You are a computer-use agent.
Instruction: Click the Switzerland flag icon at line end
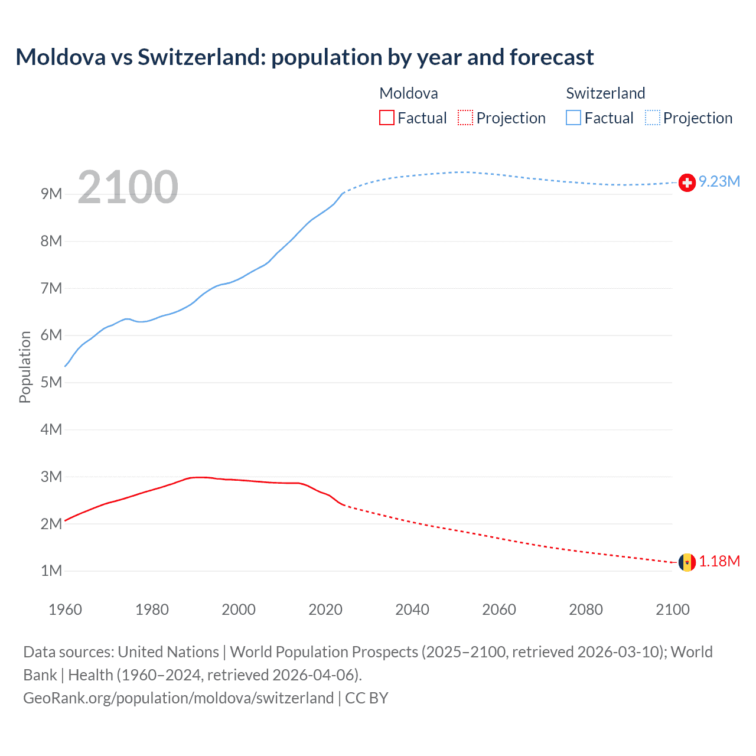687,183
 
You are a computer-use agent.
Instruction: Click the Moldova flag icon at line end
687,562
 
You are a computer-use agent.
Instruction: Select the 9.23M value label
719,181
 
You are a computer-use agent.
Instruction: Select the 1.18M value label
719,561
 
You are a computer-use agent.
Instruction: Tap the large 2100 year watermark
128,187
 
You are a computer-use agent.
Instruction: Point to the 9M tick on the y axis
51,194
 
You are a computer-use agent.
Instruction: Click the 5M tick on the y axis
51,382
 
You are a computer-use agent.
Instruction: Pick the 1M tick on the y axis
51,571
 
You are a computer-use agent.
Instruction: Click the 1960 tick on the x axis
65,610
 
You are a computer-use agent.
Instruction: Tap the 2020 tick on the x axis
325,610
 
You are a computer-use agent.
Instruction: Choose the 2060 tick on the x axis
499,610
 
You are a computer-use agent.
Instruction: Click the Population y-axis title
25,367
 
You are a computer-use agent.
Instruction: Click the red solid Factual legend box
386,118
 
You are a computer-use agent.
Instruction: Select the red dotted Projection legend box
465,118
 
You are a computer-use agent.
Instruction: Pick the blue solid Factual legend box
573,118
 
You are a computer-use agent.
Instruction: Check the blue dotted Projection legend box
653,118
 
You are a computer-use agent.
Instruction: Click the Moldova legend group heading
409,93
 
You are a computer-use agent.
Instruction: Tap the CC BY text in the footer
367,698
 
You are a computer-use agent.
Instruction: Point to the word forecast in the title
552,57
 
